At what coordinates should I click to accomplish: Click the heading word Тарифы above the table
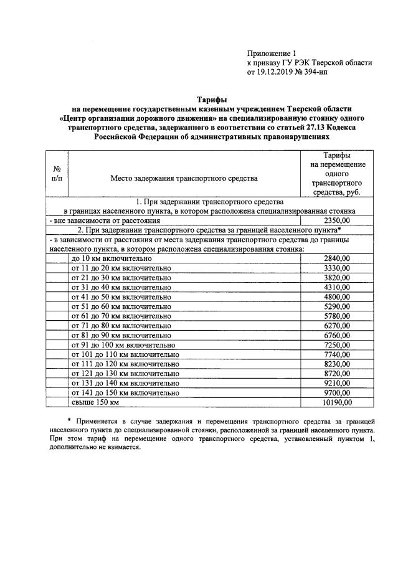tap(212, 99)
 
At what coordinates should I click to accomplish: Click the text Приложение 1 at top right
tap(272, 54)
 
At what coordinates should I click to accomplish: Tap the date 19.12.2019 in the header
tap(277, 72)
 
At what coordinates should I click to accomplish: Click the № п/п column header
tap(56, 174)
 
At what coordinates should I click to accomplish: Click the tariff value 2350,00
tap(337, 220)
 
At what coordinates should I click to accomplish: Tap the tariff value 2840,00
tap(337, 258)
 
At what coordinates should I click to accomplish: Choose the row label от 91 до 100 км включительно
tap(123, 344)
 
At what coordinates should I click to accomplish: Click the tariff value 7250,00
tap(337, 344)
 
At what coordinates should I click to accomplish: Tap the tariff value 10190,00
tap(337, 402)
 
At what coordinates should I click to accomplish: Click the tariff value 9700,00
tap(337, 393)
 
